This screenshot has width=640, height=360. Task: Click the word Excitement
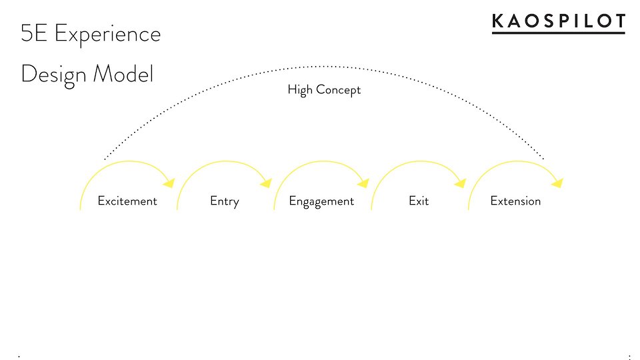click(127, 201)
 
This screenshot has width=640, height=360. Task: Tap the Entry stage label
click(225, 201)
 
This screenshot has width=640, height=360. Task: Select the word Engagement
click(321, 201)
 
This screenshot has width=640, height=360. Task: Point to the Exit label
click(419, 201)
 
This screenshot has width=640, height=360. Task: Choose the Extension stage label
click(515, 201)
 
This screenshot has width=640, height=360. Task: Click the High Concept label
click(324, 90)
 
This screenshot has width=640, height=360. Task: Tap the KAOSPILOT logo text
click(559, 21)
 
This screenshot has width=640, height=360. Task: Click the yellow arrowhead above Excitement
click(169, 183)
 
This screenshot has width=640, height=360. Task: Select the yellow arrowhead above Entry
click(266, 183)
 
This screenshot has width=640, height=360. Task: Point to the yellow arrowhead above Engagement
click(363, 183)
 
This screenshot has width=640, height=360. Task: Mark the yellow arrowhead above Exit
click(461, 183)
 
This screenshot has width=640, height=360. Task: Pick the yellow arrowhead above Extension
click(557, 183)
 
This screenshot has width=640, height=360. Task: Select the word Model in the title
click(123, 73)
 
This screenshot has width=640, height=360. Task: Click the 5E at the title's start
click(33, 33)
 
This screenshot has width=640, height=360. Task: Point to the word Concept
click(339, 90)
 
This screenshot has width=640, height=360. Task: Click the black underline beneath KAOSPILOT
click(559, 33)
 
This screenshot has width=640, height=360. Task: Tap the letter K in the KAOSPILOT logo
click(499, 21)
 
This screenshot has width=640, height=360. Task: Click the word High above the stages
click(300, 90)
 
